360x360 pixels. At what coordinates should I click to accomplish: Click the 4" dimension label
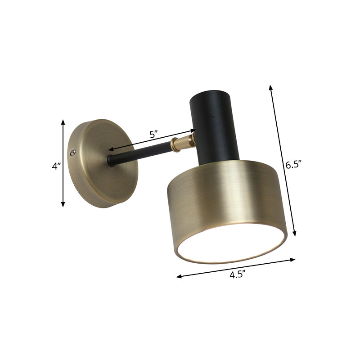(56, 166)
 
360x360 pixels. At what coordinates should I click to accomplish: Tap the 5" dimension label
(153, 134)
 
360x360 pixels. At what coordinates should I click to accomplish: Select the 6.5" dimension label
(293, 165)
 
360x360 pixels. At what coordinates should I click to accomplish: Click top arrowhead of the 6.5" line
(270, 85)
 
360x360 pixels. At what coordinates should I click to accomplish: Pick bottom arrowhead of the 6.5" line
(295, 234)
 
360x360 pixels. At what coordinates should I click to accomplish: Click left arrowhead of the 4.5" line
(178, 277)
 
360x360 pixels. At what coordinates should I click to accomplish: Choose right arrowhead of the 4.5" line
(294, 259)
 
